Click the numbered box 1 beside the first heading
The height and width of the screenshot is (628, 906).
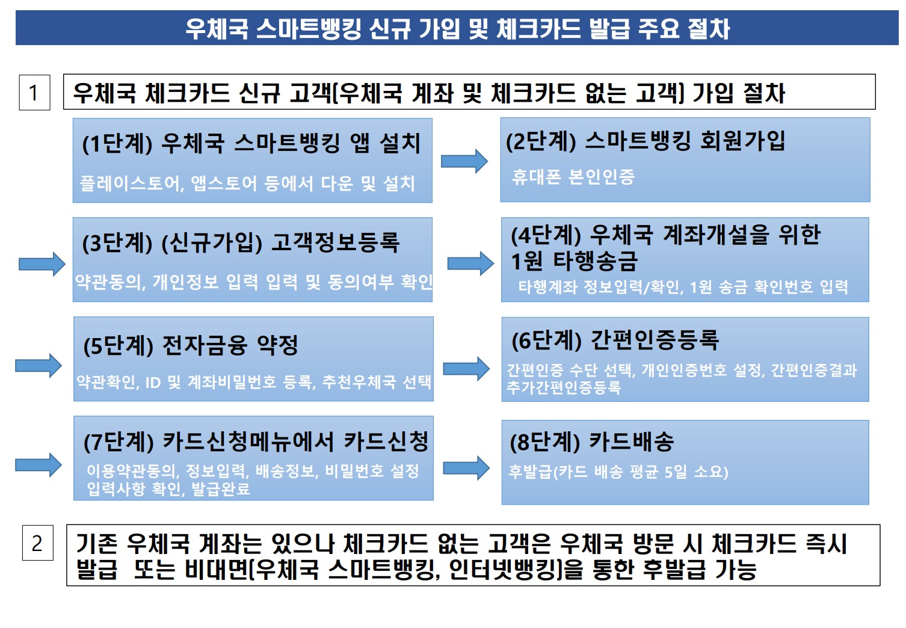click(x=34, y=93)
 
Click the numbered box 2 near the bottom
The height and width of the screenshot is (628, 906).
click(x=37, y=543)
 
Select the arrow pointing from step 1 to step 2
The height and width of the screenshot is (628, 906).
click(x=464, y=161)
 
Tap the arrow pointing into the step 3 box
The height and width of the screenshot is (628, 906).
click(x=42, y=263)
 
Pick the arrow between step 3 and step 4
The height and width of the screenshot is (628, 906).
click(x=470, y=263)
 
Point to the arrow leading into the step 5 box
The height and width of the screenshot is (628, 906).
click(x=39, y=365)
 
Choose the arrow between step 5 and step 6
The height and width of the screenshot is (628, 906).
click(x=466, y=368)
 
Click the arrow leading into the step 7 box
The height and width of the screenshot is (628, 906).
click(x=39, y=464)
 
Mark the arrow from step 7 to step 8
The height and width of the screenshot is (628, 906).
click(x=466, y=467)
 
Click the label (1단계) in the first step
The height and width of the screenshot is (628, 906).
click(x=117, y=144)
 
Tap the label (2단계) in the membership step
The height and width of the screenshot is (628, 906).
click(x=541, y=141)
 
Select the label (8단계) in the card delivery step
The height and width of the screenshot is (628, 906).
click(x=544, y=442)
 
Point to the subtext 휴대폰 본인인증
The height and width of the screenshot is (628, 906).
click(x=573, y=177)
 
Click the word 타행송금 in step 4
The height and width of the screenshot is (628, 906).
click(x=595, y=261)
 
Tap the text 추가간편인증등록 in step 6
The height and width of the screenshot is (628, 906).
click(x=564, y=387)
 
